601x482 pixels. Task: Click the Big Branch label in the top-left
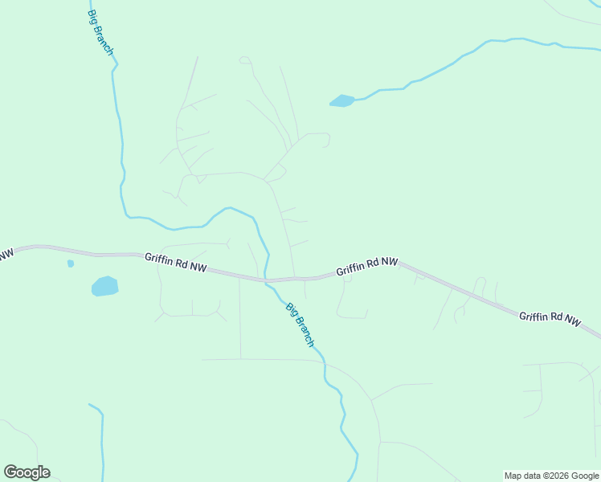click(x=100, y=33)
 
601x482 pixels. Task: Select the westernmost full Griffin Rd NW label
click(x=175, y=263)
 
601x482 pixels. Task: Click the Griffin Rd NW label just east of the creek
click(x=367, y=266)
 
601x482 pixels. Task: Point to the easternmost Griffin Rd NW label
click(x=550, y=317)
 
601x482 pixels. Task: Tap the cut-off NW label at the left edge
click(x=6, y=255)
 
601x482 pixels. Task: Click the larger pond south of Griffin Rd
click(x=104, y=286)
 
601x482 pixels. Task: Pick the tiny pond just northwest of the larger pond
click(x=71, y=263)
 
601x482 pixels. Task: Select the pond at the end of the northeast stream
click(x=341, y=101)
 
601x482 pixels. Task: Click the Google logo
click(x=27, y=472)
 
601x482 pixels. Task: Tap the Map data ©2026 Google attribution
click(x=551, y=476)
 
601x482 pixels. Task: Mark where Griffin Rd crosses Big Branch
click(x=266, y=280)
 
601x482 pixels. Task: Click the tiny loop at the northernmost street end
click(x=244, y=59)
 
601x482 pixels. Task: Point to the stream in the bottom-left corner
click(x=101, y=442)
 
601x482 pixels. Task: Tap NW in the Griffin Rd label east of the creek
click(x=389, y=262)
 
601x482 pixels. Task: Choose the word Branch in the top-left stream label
click(x=105, y=41)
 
